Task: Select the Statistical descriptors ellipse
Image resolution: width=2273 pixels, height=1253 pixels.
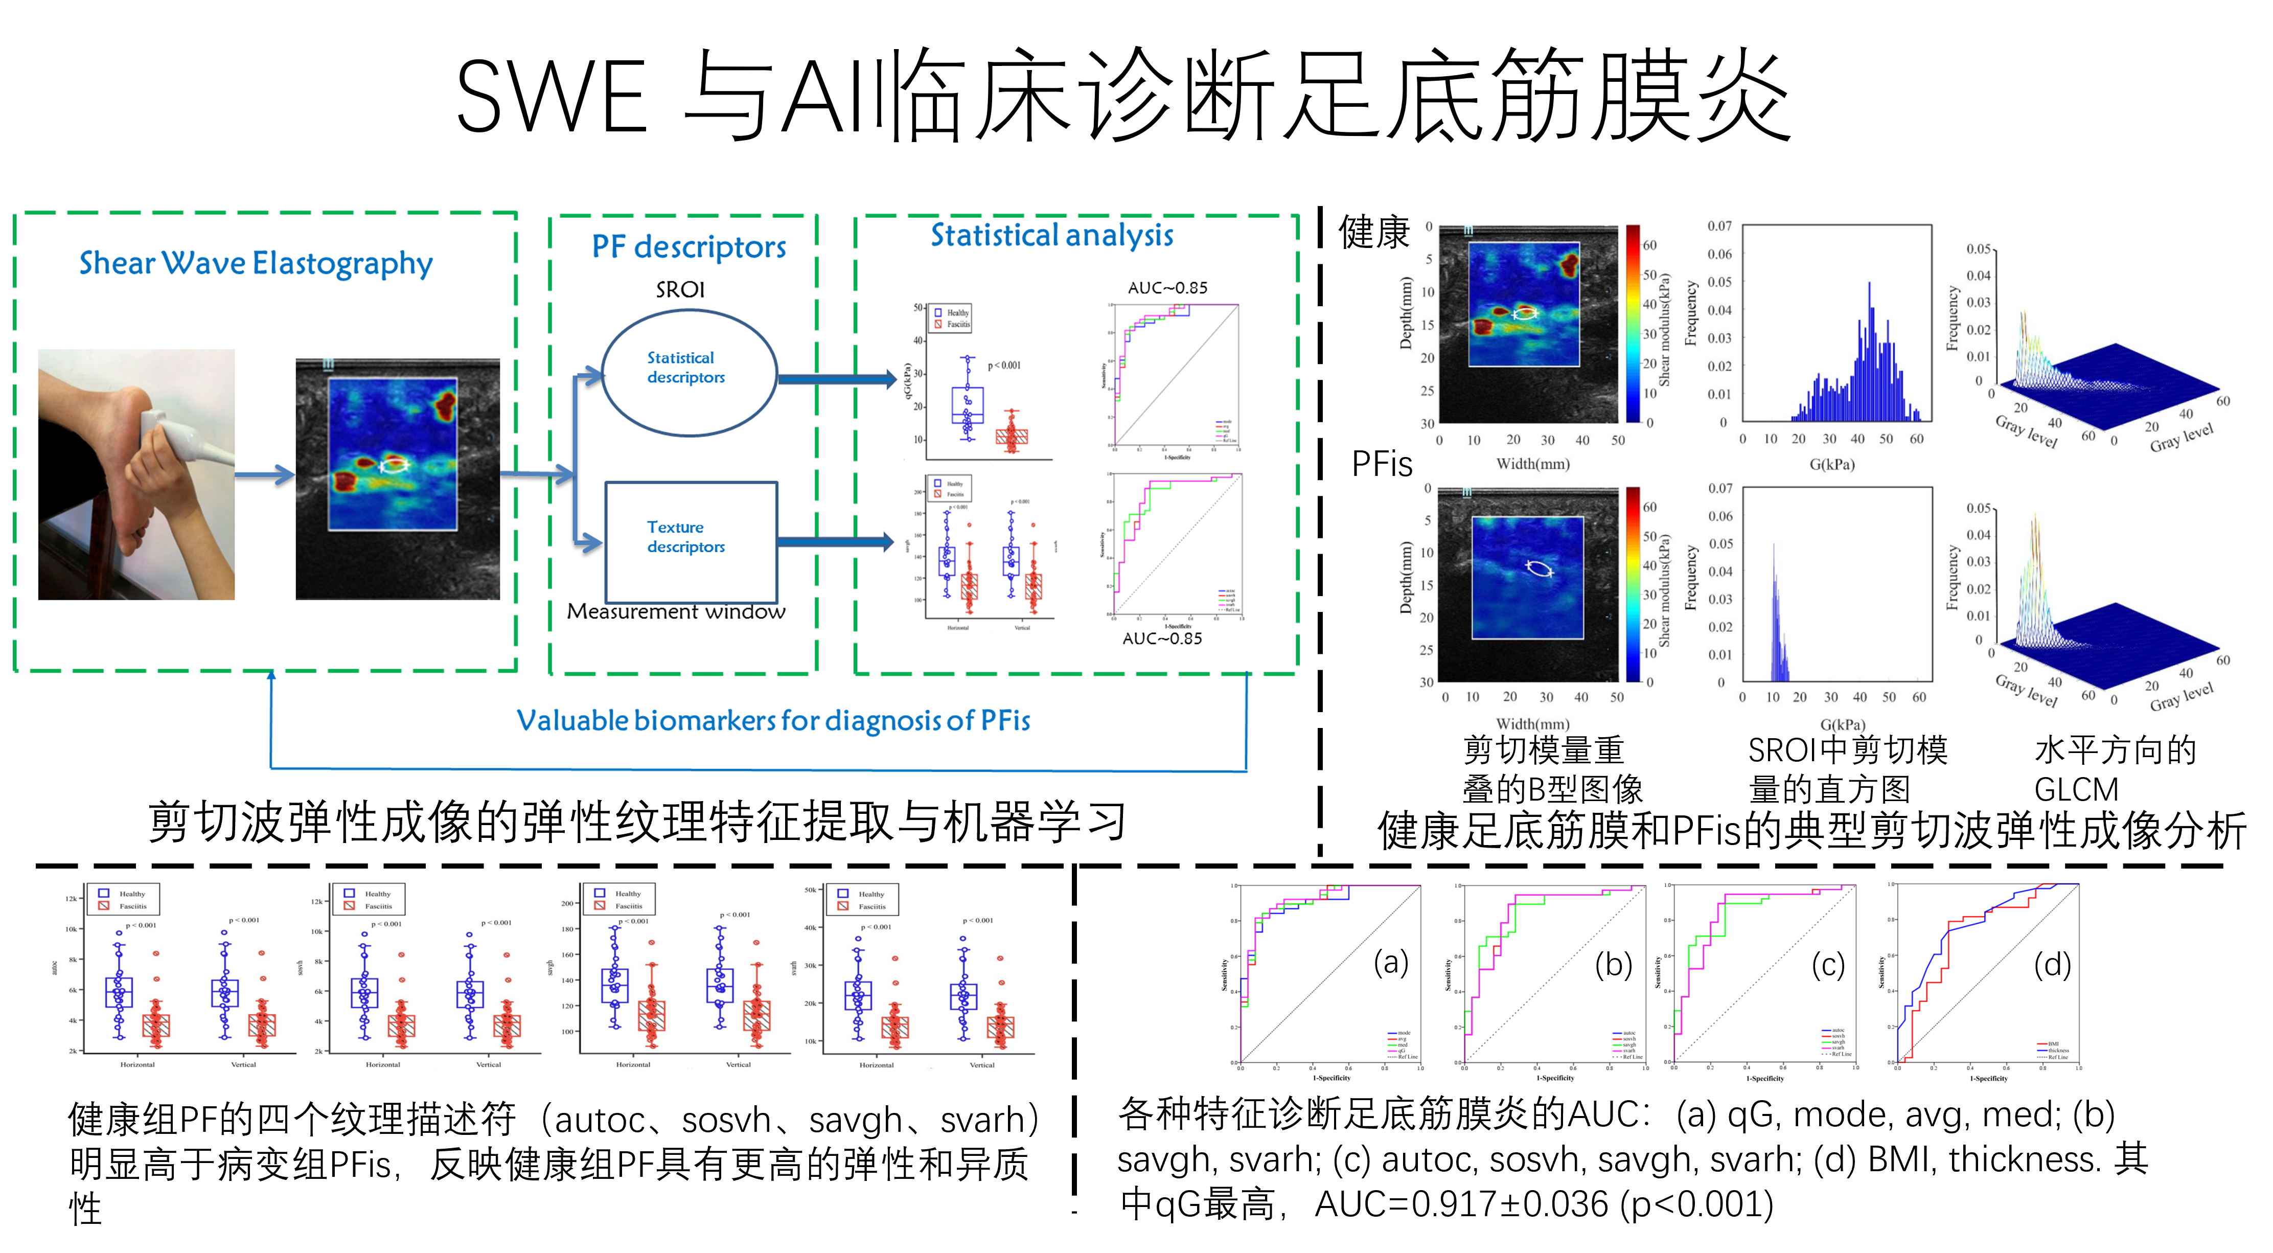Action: (688, 372)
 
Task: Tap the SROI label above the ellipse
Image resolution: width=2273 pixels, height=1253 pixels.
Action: (680, 289)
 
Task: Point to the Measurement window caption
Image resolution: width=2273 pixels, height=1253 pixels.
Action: (676, 611)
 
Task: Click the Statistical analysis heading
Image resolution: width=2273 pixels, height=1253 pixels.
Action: (1052, 236)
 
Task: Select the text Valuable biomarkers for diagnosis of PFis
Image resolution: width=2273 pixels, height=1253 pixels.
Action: (773, 721)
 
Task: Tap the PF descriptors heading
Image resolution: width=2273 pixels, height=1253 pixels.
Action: (688, 247)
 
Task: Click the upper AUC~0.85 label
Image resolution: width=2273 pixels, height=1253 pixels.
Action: (1167, 288)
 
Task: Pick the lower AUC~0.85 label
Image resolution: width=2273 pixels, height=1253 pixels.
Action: (1162, 638)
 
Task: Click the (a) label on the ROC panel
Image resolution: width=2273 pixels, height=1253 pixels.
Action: (1391, 963)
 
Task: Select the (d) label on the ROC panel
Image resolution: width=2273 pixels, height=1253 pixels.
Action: (2052, 965)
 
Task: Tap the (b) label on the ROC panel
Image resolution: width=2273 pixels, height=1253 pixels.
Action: (1613, 965)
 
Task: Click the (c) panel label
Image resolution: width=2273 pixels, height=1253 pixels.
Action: (1828, 965)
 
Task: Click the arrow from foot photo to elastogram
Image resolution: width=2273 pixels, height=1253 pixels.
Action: (265, 475)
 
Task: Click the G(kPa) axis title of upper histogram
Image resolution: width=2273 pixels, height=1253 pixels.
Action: (1832, 464)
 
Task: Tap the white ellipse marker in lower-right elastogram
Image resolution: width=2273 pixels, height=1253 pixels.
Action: (1540, 569)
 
